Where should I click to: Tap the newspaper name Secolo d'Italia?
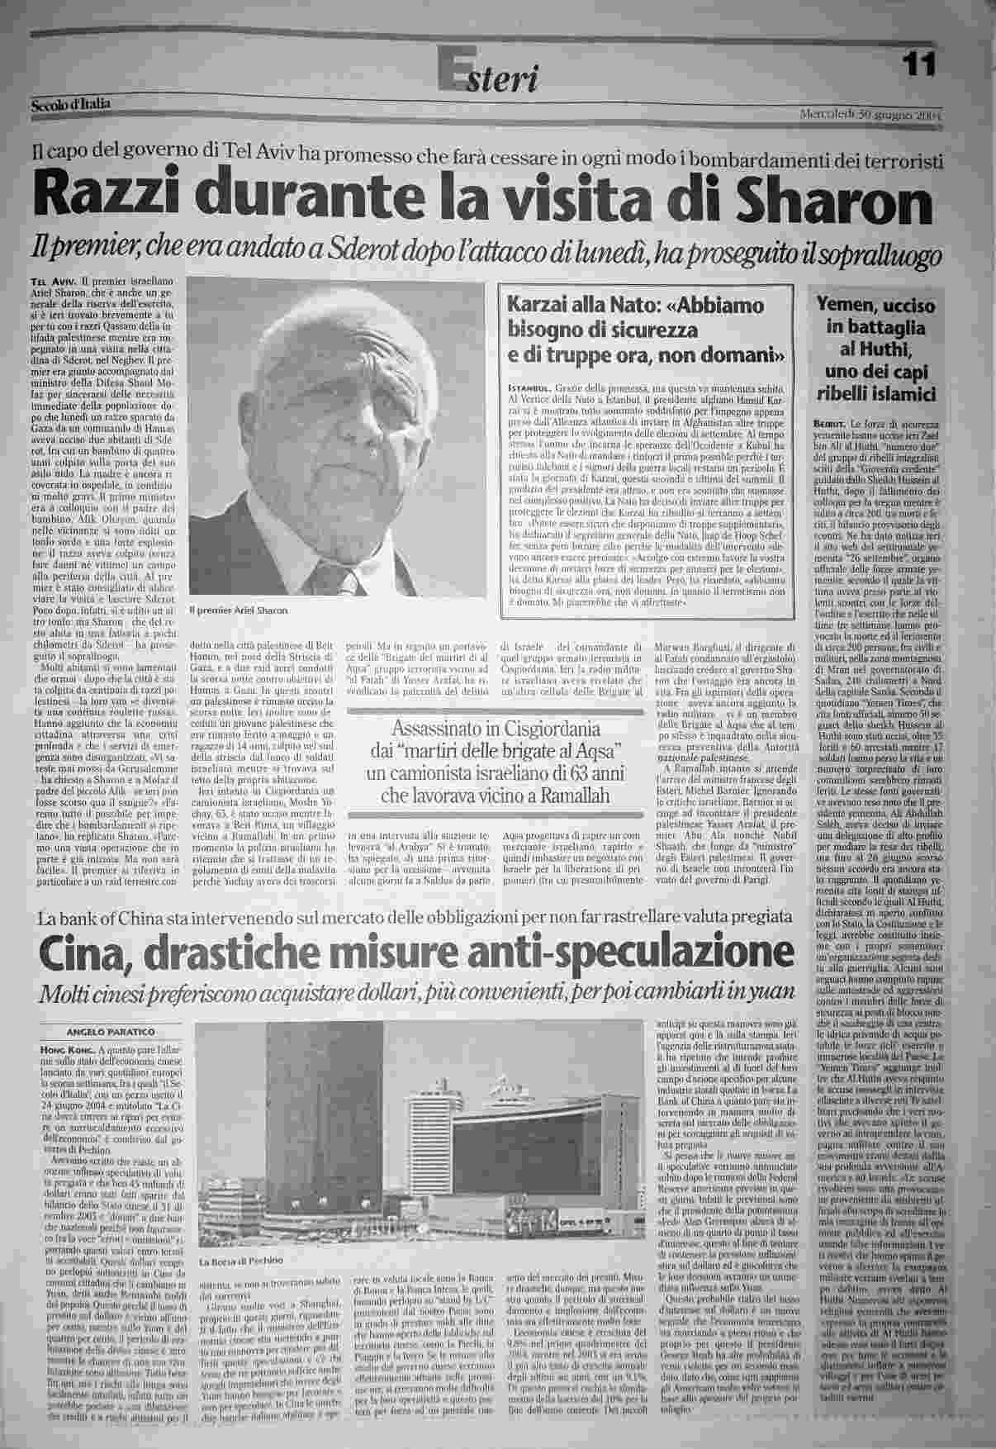pyautogui.click(x=70, y=104)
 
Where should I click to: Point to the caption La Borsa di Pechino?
pyautogui.click(x=239, y=1261)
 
